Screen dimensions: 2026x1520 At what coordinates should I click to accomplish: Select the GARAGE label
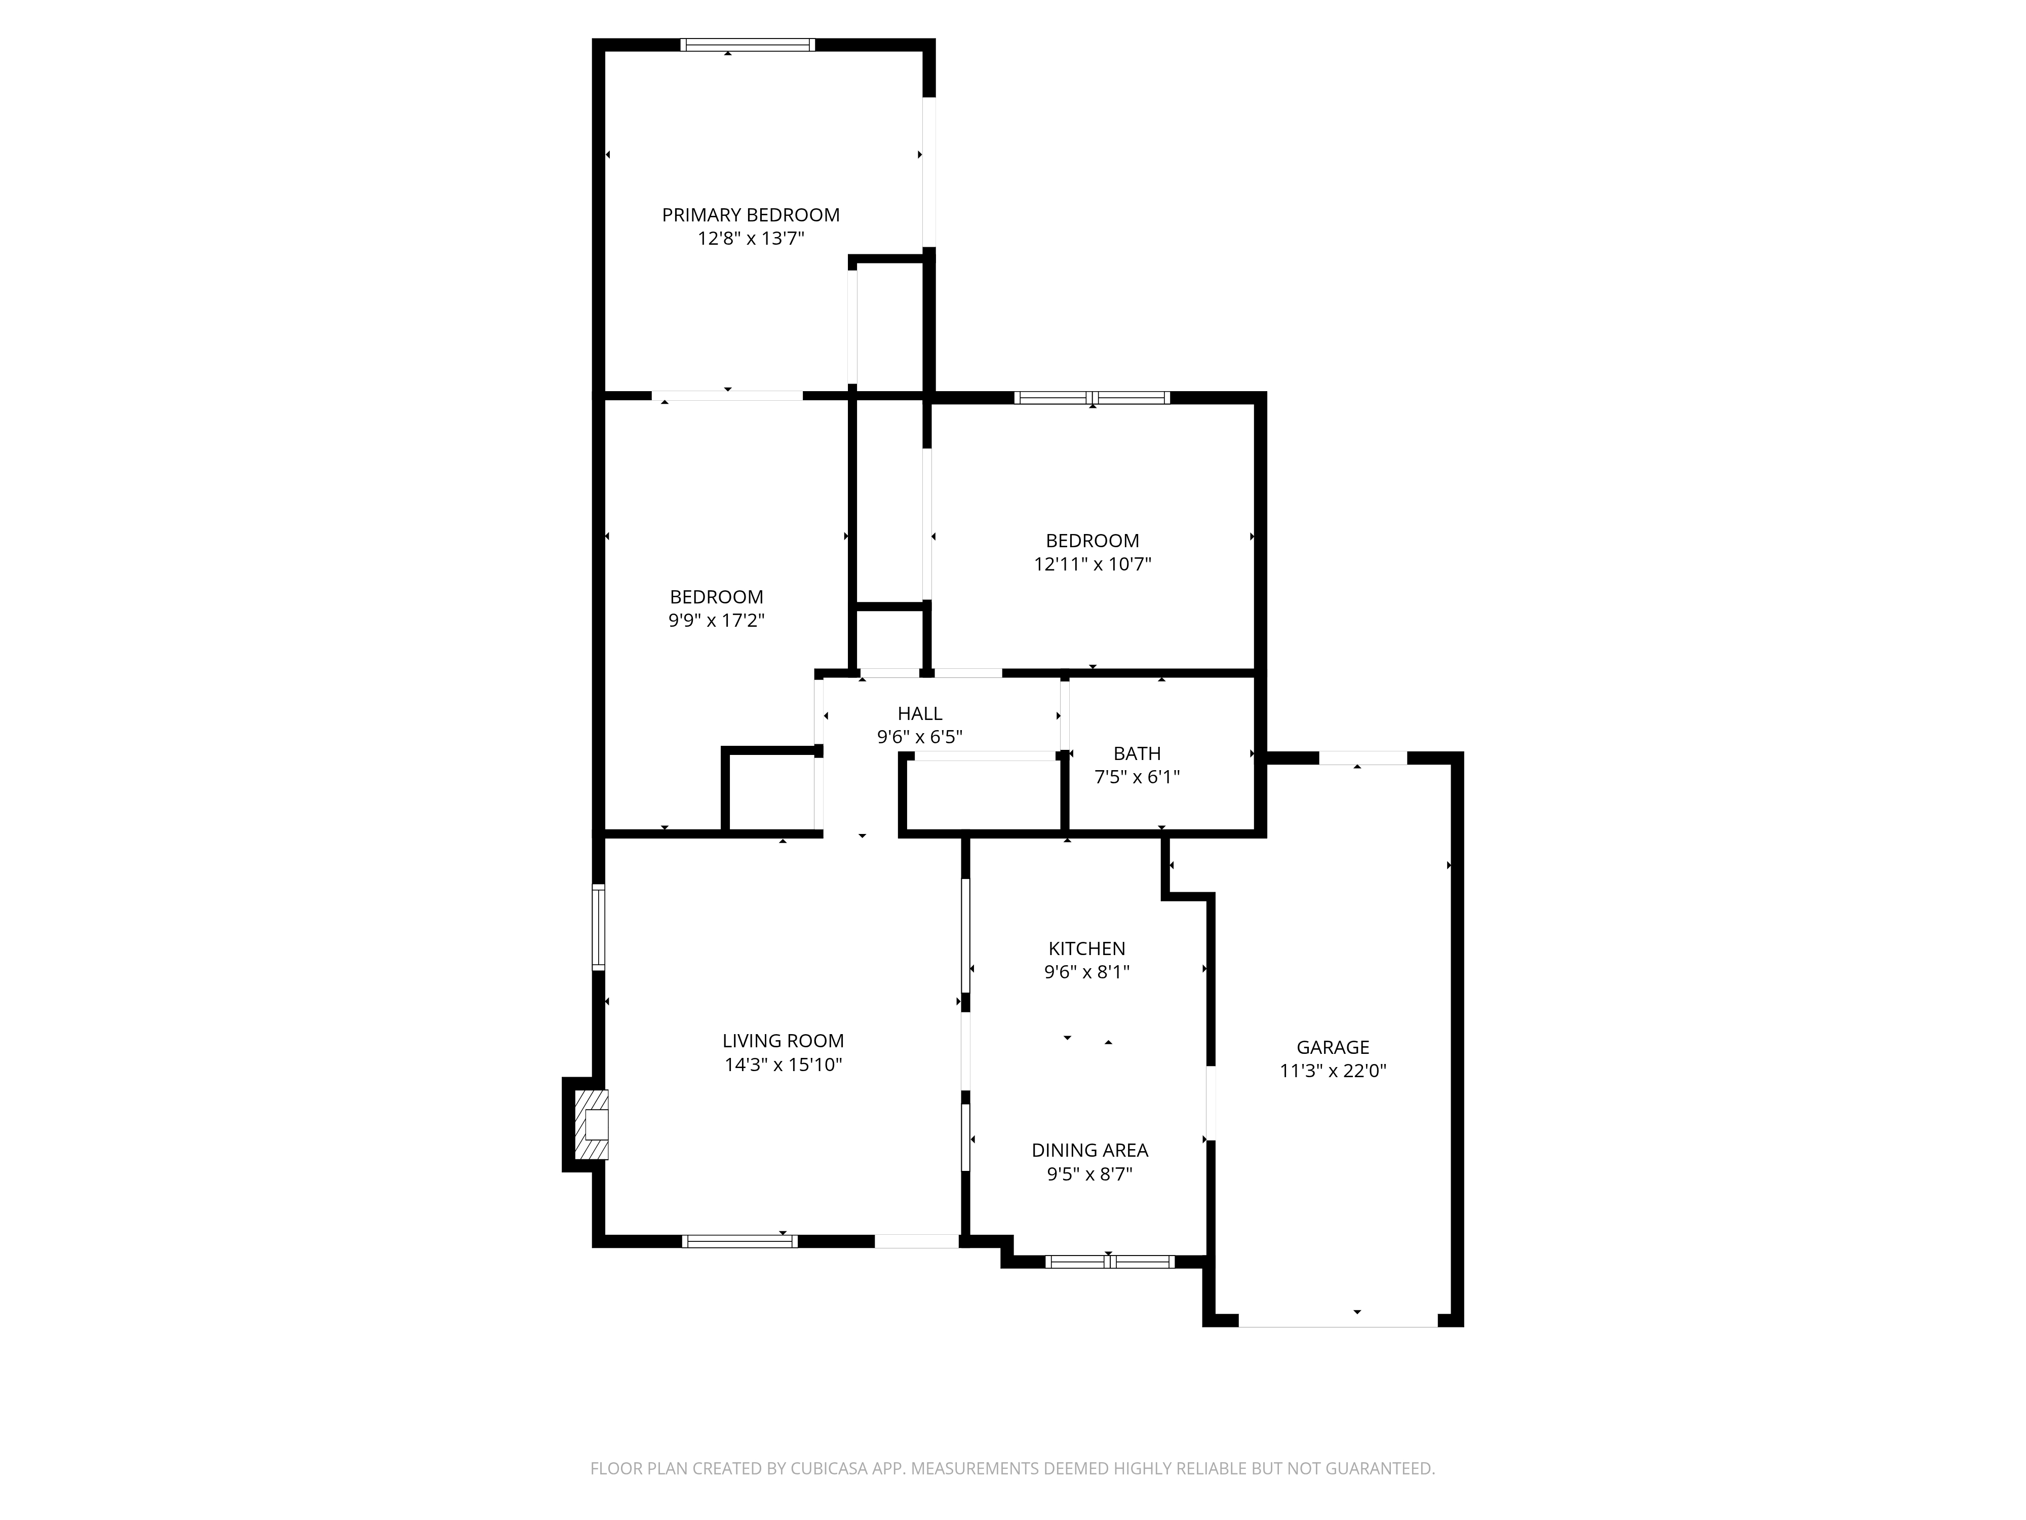click(1333, 1047)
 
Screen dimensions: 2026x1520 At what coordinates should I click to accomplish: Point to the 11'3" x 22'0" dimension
click(1333, 1071)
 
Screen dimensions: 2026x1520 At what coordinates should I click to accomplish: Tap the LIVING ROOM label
click(783, 1041)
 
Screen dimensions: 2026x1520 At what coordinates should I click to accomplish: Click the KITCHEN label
click(1087, 948)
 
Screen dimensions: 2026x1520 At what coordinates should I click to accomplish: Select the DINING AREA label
click(1090, 1150)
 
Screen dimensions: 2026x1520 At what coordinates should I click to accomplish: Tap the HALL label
click(920, 713)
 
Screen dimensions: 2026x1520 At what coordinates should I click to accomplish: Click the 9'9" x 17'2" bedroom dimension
click(716, 620)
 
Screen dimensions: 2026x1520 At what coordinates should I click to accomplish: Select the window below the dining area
click(1109, 1262)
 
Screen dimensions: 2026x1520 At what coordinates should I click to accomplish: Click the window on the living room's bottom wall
click(740, 1241)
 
